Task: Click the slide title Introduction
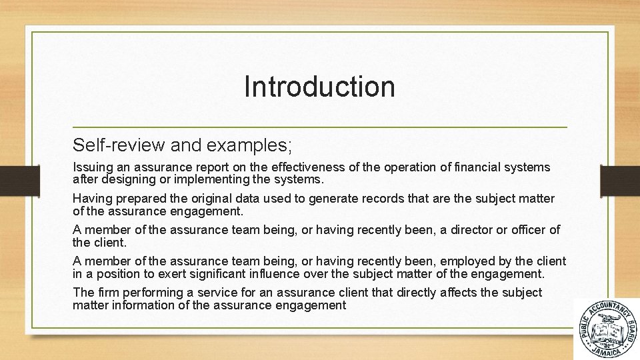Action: coord(319,87)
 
